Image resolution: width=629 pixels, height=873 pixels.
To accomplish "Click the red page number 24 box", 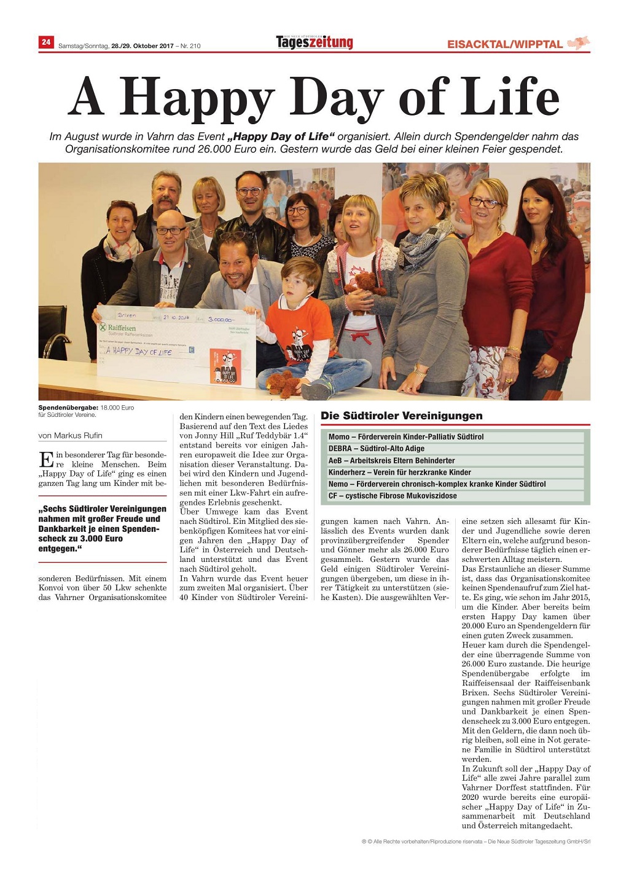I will tap(46, 42).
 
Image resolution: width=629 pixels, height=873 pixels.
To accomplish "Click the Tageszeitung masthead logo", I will tap(314, 42).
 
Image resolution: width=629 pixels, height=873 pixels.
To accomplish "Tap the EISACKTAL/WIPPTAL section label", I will tap(504, 44).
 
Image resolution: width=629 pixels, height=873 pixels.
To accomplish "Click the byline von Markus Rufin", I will tap(71, 436).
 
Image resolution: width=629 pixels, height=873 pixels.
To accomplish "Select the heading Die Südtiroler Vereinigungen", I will tap(402, 416).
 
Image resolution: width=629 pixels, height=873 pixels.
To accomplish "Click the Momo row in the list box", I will tap(406, 437).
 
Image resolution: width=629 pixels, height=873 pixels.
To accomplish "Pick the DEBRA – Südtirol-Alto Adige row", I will tap(377, 449).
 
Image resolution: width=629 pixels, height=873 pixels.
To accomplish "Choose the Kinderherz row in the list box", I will tap(400, 472).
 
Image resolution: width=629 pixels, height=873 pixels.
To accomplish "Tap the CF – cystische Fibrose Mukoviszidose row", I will tap(393, 496).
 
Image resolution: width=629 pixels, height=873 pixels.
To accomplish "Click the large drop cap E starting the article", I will tap(45, 459).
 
